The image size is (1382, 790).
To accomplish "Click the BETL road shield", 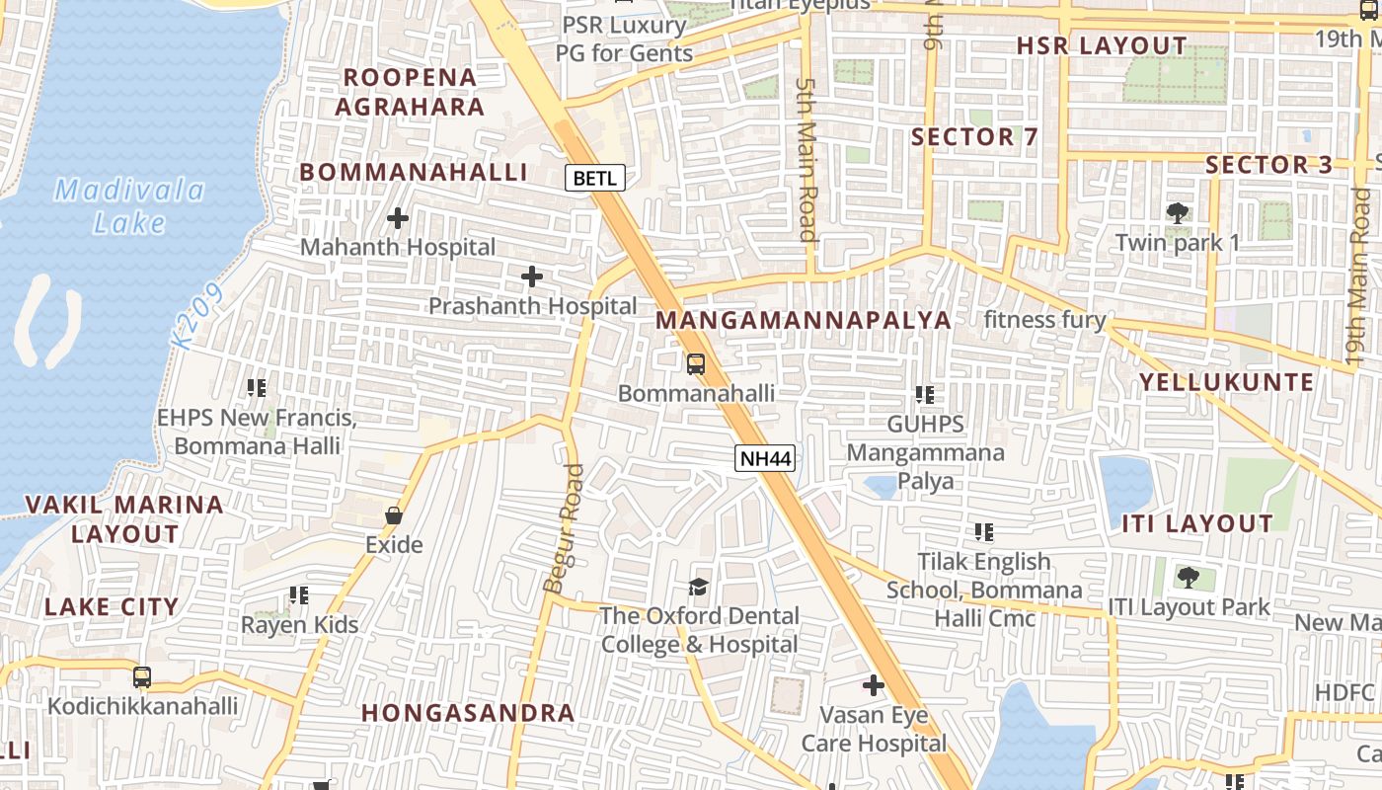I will click(595, 178).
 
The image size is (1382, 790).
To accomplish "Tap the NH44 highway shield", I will click(765, 458).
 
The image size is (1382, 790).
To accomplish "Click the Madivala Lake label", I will click(129, 205).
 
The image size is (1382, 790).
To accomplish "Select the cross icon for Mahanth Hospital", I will click(398, 217).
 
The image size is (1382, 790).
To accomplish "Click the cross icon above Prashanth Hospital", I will click(532, 276).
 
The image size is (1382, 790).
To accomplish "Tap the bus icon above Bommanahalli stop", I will click(696, 363).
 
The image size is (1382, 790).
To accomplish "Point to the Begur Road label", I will click(564, 528).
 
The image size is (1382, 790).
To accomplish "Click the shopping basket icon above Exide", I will click(394, 515).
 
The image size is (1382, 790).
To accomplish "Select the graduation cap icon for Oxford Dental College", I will click(699, 587).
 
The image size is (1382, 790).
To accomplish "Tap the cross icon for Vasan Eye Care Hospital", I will click(874, 684).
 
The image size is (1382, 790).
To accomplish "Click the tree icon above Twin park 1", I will click(1177, 212).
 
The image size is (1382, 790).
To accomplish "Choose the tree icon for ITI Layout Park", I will click(1189, 577).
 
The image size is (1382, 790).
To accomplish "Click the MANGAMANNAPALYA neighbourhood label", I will click(804, 320).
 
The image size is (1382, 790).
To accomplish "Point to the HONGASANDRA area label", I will click(468, 712).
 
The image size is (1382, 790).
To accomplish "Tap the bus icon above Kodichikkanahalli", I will click(142, 676).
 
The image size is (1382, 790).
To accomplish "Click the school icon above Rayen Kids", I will click(299, 595).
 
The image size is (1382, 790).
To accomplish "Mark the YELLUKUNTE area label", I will click(1226, 382).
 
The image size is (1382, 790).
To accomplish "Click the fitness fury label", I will click(1044, 320).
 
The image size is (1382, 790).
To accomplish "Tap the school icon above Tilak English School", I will click(984, 532).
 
